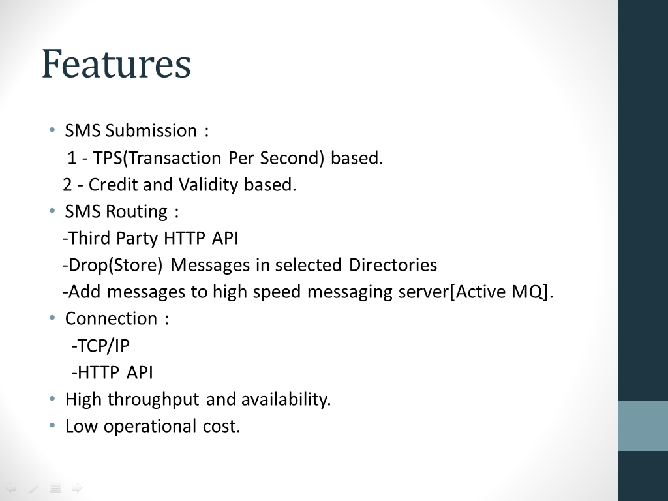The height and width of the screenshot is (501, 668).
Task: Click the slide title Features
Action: (116, 64)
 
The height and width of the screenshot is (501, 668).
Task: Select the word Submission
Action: (151, 130)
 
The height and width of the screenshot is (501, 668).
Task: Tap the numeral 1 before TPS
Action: (72, 158)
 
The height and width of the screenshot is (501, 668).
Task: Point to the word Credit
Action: (113, 185)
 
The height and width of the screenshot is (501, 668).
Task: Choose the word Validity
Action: (208, 185)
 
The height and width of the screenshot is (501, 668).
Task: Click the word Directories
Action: (393, 265)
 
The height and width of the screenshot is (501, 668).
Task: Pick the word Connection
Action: (111, 318)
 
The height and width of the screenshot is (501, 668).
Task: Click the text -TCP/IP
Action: (100, 346)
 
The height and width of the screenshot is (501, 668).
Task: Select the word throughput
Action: (153, 400)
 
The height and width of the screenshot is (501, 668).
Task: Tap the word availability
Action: (286, 400)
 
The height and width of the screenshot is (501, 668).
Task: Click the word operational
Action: (150, 427)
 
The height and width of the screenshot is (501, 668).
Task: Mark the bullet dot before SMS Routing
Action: (52, 211)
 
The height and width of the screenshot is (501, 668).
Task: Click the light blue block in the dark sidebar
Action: (643, 425)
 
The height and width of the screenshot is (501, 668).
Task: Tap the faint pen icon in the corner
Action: (33, 488)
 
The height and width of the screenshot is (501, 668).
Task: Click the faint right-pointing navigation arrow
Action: (77, 488)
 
